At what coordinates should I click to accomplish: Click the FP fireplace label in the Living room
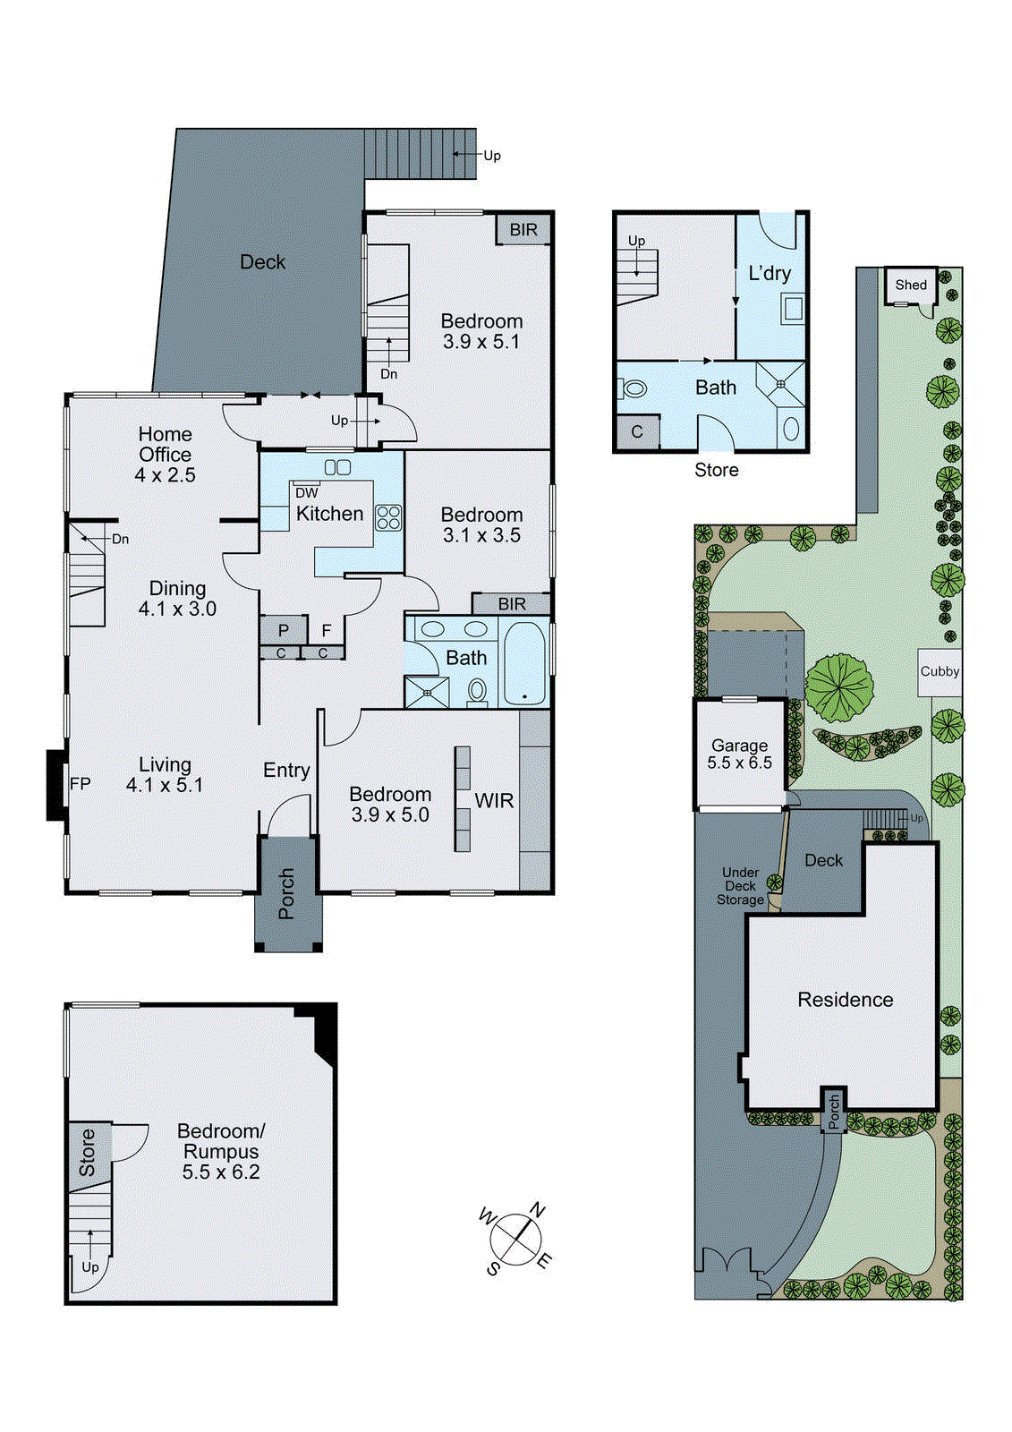click(x=80, y=784)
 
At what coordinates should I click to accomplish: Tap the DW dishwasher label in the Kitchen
click(x=306, y=493)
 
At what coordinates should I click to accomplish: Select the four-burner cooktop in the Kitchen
click(x=388, y=517)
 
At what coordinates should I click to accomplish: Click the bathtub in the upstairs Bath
click(x=523, y=662)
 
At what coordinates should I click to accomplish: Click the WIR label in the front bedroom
click(x=494, y=800)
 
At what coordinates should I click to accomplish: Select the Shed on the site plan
click(x=911, y=285)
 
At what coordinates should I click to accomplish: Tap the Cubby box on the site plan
click(x=940, y=671)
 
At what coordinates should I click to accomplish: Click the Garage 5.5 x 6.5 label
click(x=739, y=754)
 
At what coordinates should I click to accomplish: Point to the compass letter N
click(x=537, y=1211)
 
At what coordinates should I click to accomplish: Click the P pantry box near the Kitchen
click(x=283, y=630)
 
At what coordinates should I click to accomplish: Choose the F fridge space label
click(x=326, y=630)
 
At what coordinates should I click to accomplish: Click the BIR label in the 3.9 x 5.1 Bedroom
click(x=523, y=229)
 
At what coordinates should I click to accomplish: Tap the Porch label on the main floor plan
click(x=286, y=893)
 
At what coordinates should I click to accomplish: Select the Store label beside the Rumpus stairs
click(x=87, y=1152)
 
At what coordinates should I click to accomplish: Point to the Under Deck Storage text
click(x=740, y=886)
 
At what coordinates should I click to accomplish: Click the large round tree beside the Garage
click(x=839, y=687)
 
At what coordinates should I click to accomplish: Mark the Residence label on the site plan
click(x=845, y=1000)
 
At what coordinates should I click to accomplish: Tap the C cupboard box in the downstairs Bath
click(x=637, y=431)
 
